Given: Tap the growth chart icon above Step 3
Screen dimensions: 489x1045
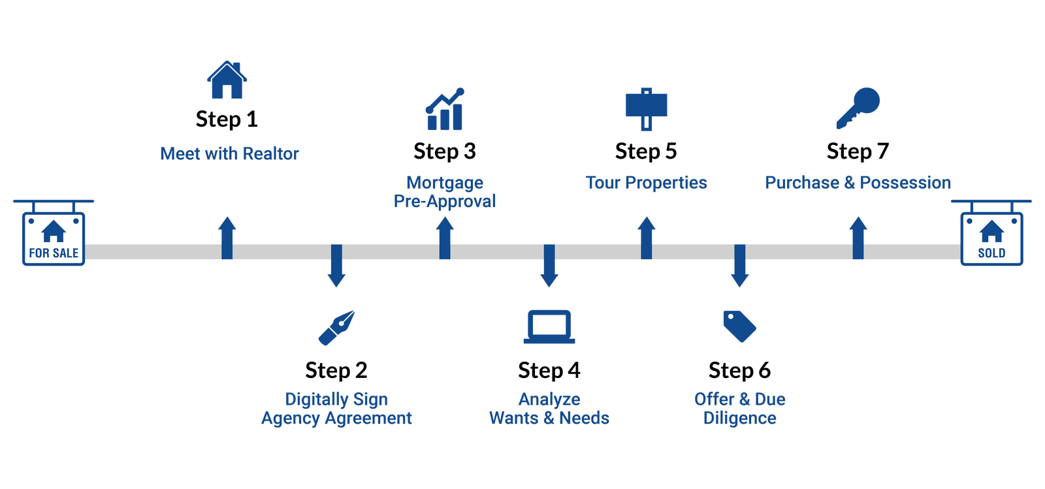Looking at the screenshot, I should [x=445, y=109].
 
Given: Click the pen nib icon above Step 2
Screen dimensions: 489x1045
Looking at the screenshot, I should [x=336, y=327].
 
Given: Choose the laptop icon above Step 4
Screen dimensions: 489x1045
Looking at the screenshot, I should [x=549, y=326].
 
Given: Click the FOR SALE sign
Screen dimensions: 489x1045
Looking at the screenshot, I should [x=54, y=238].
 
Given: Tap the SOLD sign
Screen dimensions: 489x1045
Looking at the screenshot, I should [x=991, y=238].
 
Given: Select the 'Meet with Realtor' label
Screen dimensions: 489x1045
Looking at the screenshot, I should [x=229, y=154].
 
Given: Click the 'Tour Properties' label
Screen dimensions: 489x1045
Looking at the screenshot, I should [x=646, y=183].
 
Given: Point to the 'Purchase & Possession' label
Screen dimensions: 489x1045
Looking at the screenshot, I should [x=858, y=183].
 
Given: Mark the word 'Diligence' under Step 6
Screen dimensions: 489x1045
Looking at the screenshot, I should [x=739, y=418].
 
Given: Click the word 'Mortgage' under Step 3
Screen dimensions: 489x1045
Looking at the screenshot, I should [x=445, y=182].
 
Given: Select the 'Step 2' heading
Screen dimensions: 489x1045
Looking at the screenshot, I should [x=336, y=371].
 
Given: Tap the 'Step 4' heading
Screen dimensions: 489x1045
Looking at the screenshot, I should [x=549, y=371].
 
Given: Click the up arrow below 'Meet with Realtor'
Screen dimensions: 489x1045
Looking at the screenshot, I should [x=227, y=238].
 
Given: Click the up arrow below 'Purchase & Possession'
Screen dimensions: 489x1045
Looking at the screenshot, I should [x=858, y=238].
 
